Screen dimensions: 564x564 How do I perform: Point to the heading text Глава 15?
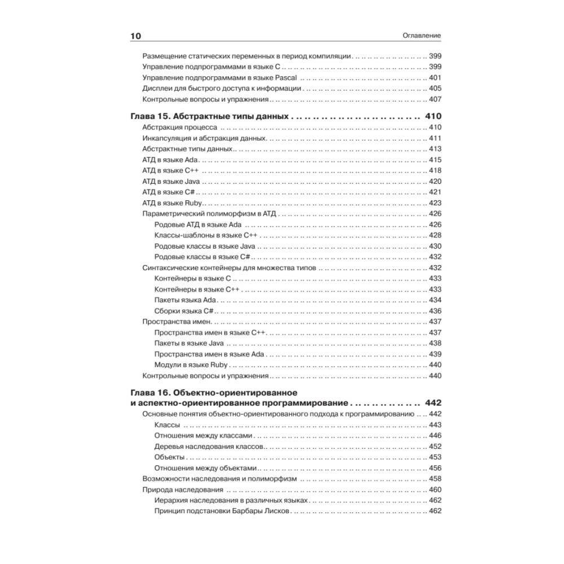pyautogui.click(x=149, y=116)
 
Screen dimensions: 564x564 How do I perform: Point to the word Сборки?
pyautogui.click(x=166, y=311)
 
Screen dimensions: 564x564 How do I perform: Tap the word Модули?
pyautogui.click(x=167, y=364)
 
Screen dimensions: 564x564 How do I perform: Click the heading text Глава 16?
pyautogui.click(x=149, y=392)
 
